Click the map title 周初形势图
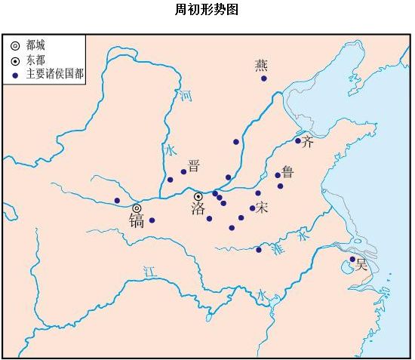click(206, 10)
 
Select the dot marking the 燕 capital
click(263, 78)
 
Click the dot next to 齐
click(298, 140)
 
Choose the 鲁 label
click(287, 172)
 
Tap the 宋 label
click(262, 206)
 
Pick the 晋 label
click(194, 165)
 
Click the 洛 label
click(198, 209)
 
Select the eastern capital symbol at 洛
click(198, 196)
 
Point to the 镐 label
click(137, 220)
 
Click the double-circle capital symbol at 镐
click(137, 208)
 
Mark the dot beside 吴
click(352, 260)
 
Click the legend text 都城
click(35, 45)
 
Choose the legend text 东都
click(35, 59)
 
